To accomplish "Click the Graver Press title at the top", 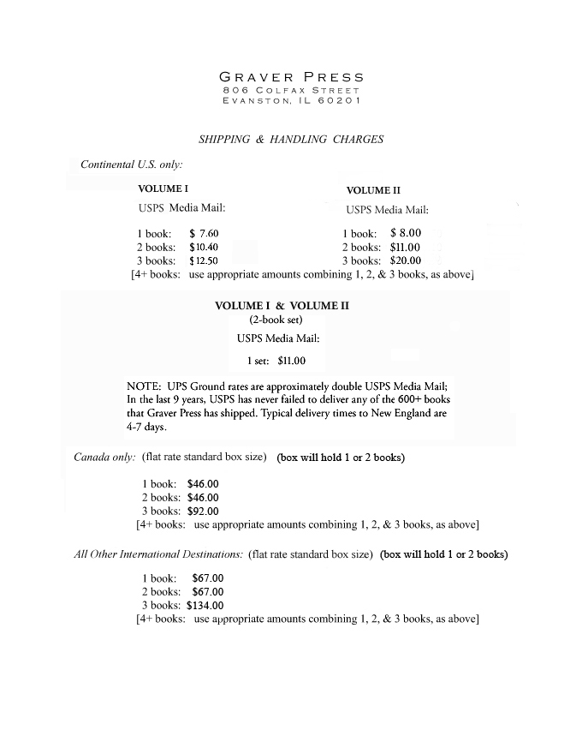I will click(x=291, y=77).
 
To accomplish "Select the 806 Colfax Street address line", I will click(x=291, y=90).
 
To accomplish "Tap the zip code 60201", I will click(x=337, y=101).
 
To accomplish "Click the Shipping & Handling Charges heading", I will click(x=291, y=139).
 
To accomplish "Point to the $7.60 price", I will click(x=204, y=233).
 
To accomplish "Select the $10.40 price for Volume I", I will click(x=204, y=247).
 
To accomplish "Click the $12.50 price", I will click(x=204, y=260).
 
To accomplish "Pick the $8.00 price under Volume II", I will click(x=405, y=232).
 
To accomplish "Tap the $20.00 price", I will click(x=405, y=260).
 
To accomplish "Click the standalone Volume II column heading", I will click(x=372, y=190).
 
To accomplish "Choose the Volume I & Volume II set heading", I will click(x=282, y=305).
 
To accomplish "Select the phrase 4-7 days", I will click(x=146, y=426).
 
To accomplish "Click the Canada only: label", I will click(x=104, y=457).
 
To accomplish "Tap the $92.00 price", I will click(x=203, y=511).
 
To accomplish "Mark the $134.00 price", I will click(x=205, y=605).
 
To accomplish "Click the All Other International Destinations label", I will click(x=158, y=554).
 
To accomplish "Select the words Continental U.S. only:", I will click(x=131, y=164).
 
